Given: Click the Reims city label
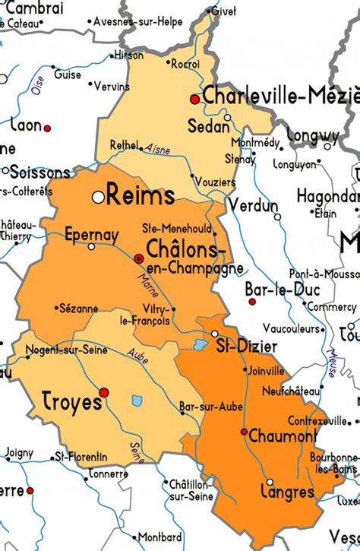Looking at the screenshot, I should point(140,196).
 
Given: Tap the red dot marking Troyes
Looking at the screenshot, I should point(105,392).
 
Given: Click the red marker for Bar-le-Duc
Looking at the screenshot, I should point(252,302).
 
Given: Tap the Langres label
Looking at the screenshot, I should point(287,492).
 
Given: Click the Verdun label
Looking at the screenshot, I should point(254,206).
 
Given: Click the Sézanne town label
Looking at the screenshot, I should point(77,309).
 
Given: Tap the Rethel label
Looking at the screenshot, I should point(124,144).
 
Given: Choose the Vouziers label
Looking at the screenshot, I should point(215,183).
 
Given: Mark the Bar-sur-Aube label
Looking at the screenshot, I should point(201,407).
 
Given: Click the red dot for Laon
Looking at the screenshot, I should point(46,128).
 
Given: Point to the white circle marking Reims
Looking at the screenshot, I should point(97,197).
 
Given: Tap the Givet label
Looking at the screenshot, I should point(223,11).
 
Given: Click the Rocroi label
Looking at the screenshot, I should point(186,63).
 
